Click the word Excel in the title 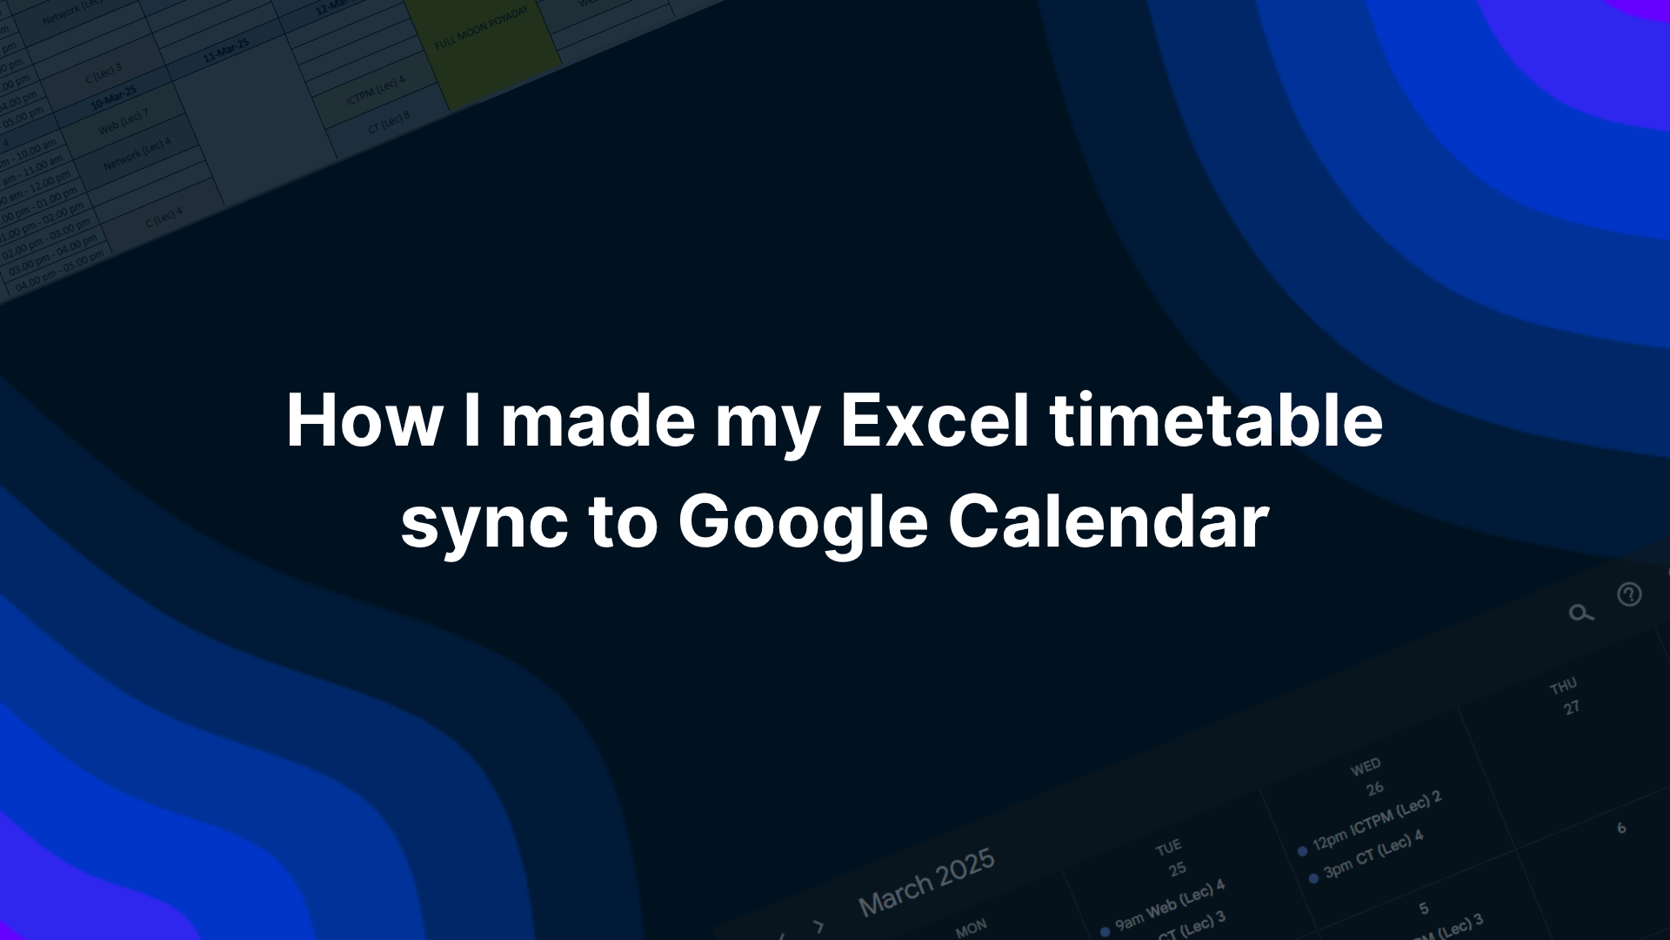tap(934, 420)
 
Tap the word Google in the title tap(803, 521)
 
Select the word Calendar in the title tap(1108, 521)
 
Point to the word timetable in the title tap(1216, 420)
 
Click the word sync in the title tap(484, 521)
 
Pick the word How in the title tap(364, 420)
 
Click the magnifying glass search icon tap(1580, 614)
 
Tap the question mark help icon tap(1629, 594)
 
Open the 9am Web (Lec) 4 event tap(1169, 905)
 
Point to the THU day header tap(1563, 687)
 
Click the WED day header tap(1366, 767)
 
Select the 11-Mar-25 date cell tap(226, 50)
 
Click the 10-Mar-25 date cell tap(114, 97)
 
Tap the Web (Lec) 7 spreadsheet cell tap(123, 122)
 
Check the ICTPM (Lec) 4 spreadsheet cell tap(376, 91)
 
